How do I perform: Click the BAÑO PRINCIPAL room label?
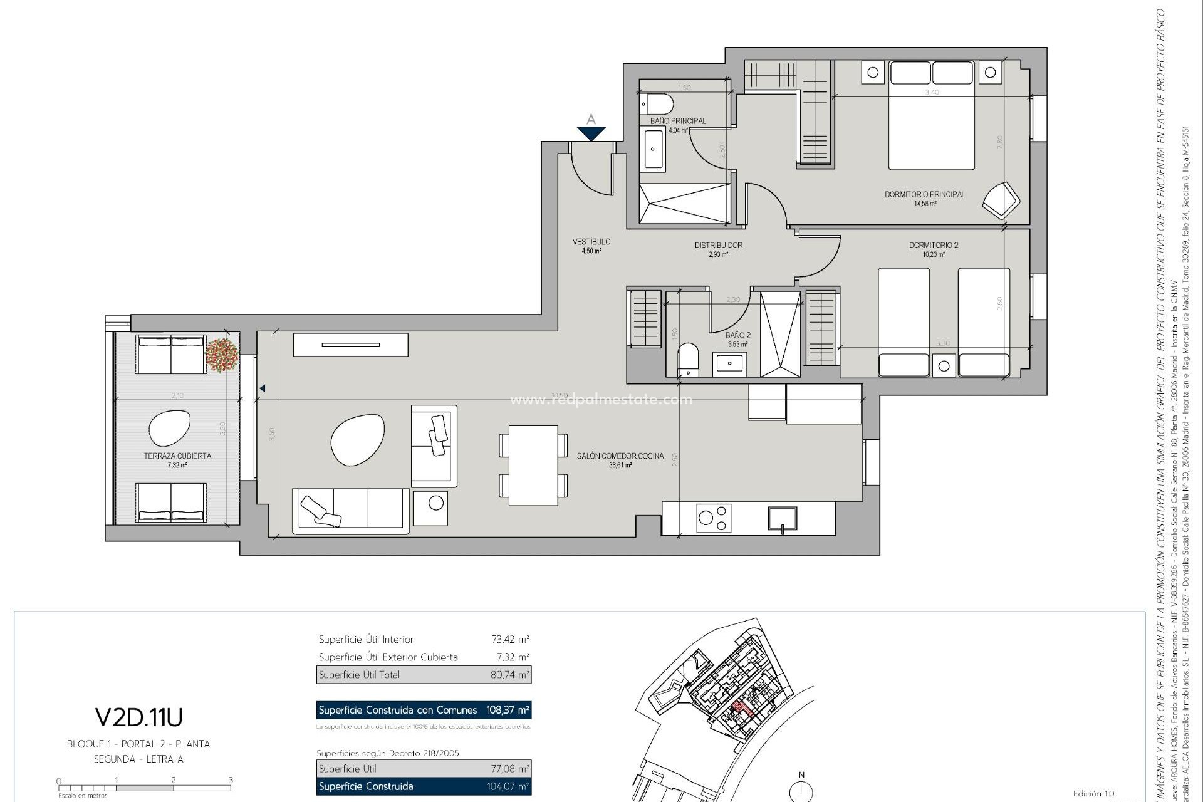(678, 121)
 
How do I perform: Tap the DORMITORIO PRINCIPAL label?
(924, 195)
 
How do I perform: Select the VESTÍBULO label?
(591, 242)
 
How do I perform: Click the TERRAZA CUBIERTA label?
(177, 456)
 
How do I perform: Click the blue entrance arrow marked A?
(591, 132)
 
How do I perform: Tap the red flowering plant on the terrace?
(222, 355)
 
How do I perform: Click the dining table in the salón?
(533, 466)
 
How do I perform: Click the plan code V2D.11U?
(138, 717)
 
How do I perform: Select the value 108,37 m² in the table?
(508, 710)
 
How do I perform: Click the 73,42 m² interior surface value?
(510, 640)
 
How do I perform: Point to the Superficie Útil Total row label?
(359, 675)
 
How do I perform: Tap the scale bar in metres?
(144, 787)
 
